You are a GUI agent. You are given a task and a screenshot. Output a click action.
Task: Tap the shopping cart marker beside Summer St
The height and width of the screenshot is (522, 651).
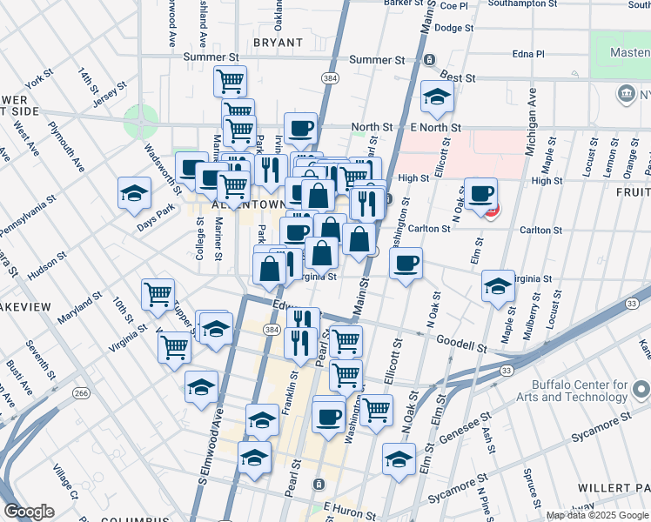(x=230, y=81)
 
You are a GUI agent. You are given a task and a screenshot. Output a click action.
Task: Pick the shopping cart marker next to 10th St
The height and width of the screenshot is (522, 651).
(x=158, y=294)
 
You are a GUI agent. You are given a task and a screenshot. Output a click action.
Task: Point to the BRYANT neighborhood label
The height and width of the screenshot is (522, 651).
(x=278, y=42)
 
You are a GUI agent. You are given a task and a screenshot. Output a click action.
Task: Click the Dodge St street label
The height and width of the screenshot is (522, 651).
(x=453, y=28)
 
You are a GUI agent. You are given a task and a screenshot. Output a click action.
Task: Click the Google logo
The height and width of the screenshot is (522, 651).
(x=29, y=512)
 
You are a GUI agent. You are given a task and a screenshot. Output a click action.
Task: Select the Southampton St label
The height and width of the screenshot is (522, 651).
(x=523, y=3)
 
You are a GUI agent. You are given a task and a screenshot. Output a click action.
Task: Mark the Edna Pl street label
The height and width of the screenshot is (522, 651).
(x=528, y=54)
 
